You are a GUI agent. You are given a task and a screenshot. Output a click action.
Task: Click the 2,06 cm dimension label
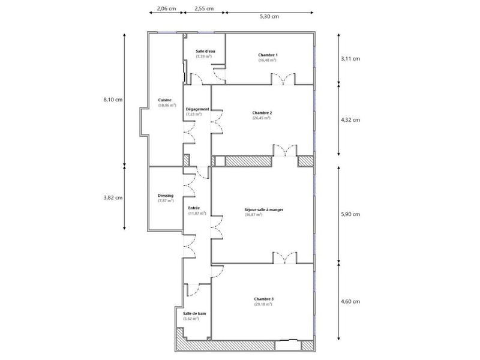[166, 9]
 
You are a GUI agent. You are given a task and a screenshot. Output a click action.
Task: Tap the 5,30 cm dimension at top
[269, 17]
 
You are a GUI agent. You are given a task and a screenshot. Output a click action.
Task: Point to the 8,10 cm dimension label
[112, 100]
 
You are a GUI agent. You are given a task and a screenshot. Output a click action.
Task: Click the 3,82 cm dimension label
[112, 197]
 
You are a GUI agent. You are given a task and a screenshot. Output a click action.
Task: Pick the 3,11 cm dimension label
[350, 59]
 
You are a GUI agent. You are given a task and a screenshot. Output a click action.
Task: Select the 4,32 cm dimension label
[350, 119]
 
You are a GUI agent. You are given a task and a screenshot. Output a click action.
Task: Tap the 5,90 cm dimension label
[350, 214]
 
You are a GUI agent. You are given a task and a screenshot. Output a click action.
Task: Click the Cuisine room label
[164, 100]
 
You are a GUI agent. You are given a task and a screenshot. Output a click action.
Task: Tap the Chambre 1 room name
[268, 55]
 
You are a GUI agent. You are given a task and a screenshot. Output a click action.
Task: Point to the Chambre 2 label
[262, 113]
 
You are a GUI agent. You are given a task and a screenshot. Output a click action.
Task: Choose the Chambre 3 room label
[263, 299]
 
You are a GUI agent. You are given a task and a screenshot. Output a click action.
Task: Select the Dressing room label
[166, 196]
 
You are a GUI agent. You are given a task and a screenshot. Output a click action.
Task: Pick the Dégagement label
[197, 109]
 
